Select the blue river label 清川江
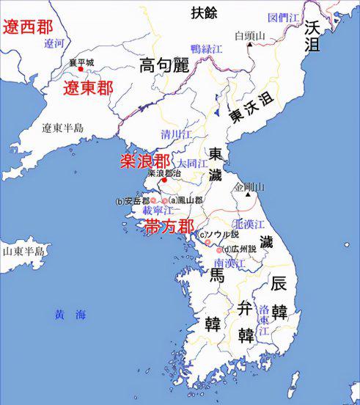177,134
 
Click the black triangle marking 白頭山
250,44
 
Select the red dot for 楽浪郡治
164,181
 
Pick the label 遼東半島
62,128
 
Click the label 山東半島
23,251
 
